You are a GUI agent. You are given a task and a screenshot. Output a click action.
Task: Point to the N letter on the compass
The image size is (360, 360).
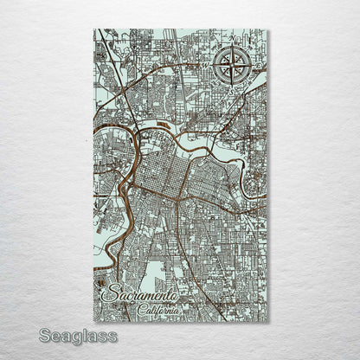coord(233,40)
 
